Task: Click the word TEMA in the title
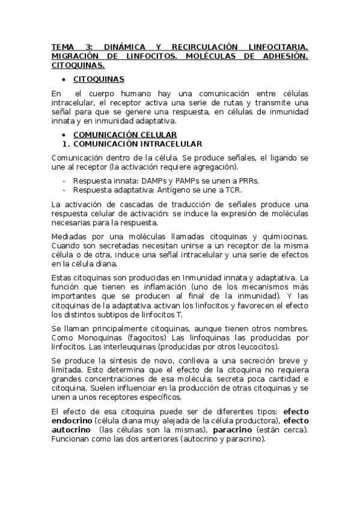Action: [x=62, y=46]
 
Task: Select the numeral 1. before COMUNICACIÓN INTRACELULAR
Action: [x=67, y=144]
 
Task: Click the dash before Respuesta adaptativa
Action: [x=64, y=190]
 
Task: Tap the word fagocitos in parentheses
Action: [x=139, y=338]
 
